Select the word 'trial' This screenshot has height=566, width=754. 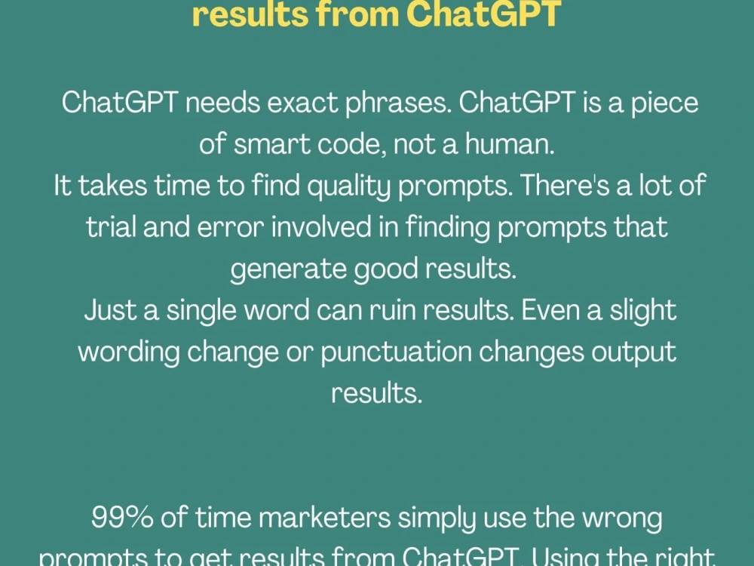[x=112, y=227]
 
